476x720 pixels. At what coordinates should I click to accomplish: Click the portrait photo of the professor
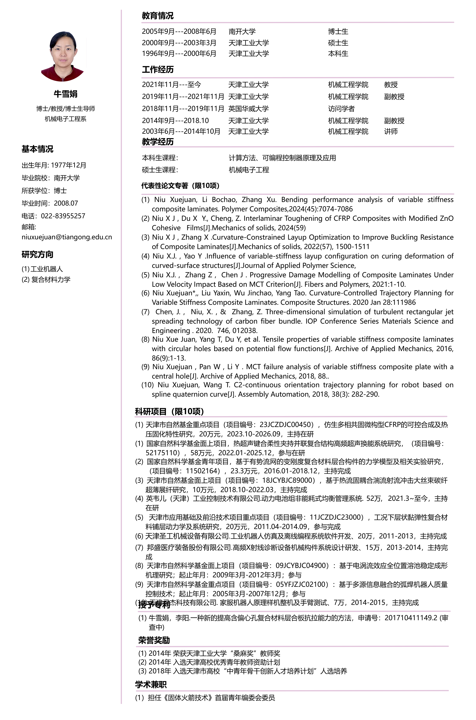(63, 56)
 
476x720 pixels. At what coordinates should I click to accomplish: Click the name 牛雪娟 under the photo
(66, 94)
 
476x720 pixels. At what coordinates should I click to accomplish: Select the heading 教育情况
(158, 16)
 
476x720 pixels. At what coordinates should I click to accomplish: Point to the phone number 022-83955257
(63, 216)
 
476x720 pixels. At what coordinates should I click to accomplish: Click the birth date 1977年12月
(69, 165)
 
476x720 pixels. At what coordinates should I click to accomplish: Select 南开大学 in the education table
(242, 32)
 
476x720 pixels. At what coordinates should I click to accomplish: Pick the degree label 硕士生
(338, 43)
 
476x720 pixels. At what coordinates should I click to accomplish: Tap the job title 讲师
(391, 131)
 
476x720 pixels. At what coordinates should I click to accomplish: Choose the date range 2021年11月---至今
(172, 85)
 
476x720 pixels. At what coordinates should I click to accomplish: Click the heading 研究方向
(37, 255)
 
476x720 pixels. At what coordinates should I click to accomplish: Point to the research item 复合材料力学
(51, 279)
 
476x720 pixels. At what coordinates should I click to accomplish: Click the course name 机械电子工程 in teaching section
(249, 170)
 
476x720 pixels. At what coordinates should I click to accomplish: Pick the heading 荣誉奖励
(154, 640)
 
